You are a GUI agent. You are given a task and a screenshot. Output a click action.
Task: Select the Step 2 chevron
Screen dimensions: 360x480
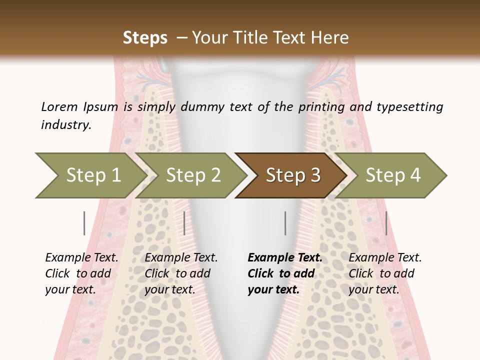192,175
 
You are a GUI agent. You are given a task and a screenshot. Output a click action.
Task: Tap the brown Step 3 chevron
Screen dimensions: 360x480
292,175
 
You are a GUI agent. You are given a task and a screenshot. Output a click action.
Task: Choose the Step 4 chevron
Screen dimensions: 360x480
392,175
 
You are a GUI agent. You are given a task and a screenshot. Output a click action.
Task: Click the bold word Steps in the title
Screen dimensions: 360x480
145,38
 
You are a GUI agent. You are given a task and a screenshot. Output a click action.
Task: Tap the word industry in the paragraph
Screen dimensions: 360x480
66,124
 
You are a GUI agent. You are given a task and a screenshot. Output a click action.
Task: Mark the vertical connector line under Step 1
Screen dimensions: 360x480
84,223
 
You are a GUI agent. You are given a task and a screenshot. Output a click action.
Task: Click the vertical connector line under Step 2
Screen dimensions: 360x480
184,223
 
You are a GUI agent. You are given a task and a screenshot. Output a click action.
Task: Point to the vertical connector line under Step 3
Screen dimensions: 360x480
285,223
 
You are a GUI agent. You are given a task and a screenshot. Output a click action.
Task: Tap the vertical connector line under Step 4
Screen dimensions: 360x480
386,223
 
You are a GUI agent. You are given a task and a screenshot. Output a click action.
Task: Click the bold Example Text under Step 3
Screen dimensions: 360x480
285,257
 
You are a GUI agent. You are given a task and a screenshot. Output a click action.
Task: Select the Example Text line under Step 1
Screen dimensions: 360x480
81,257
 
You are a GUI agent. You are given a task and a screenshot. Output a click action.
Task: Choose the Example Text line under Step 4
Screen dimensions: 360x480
385,257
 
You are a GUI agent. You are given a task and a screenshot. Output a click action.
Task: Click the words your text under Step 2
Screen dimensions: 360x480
170,289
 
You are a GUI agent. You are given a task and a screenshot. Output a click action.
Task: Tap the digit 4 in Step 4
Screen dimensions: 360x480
415,175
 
